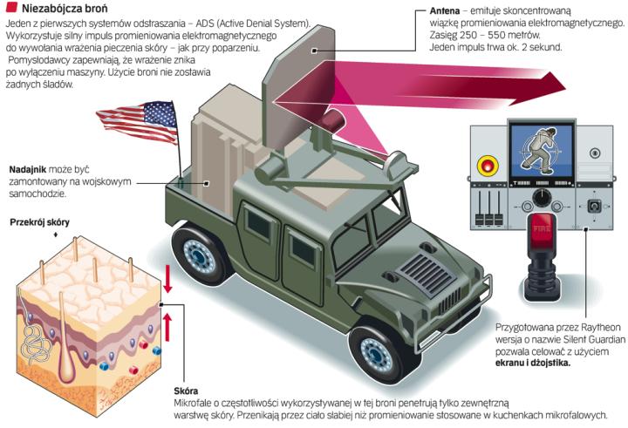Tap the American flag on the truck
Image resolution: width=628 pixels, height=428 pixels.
click(x=134, y=120)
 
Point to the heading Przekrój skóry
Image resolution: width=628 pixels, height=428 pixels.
click(x=39, y=222)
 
